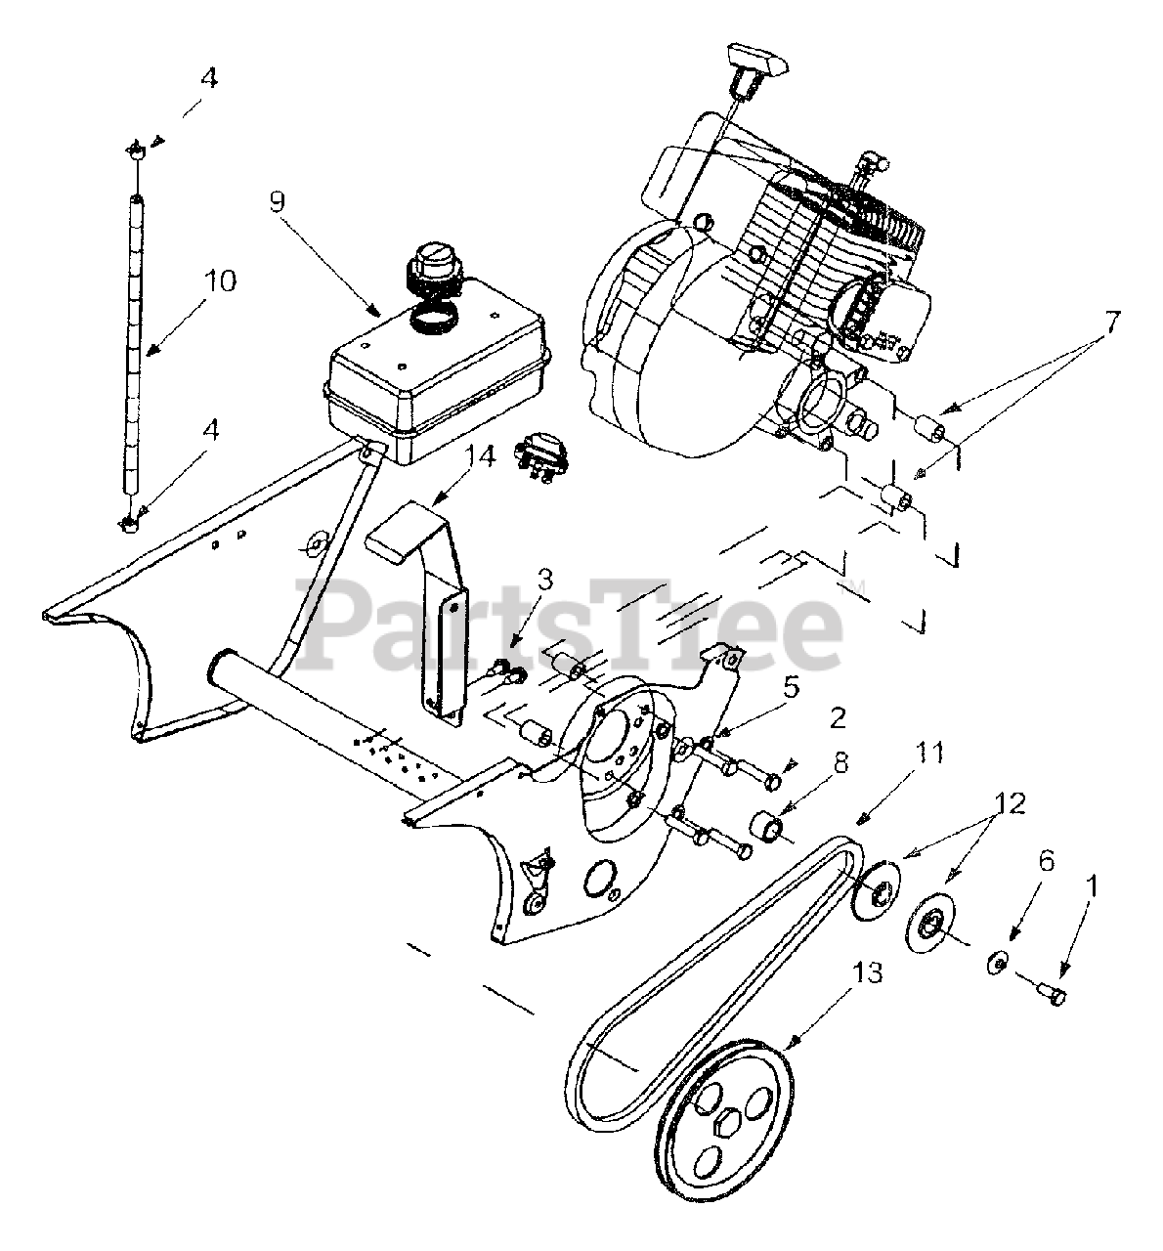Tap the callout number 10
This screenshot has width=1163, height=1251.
point(220,281)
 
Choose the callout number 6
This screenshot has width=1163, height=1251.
point(1046,860)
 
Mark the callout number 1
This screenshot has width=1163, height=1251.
point(1091,886)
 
